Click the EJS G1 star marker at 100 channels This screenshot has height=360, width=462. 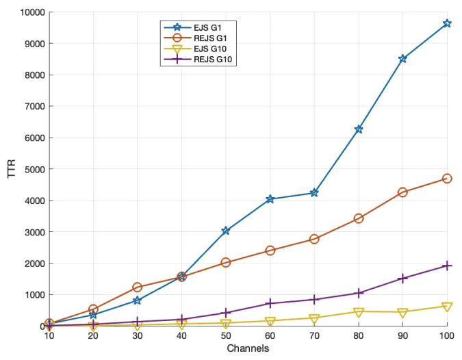(447, 23)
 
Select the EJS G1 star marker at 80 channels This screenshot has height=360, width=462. (358, 129)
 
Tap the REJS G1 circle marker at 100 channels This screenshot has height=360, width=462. (447, 179)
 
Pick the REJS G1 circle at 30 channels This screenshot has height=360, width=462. (138, 287)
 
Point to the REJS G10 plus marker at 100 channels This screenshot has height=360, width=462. (447, 266)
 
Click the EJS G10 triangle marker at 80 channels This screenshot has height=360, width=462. (358, 312)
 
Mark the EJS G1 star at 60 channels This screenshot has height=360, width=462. (270, 199)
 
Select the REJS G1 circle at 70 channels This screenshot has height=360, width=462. (314, 239)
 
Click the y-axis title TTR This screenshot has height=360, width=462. (11, 169)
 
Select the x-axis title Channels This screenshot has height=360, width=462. (248, 349)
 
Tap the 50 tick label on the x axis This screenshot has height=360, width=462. (226, 337)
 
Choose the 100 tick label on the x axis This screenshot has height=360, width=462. (447, 337)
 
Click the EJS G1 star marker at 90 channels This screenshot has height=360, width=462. (403, 59)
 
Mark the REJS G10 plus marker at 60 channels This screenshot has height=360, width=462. (270, 303)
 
